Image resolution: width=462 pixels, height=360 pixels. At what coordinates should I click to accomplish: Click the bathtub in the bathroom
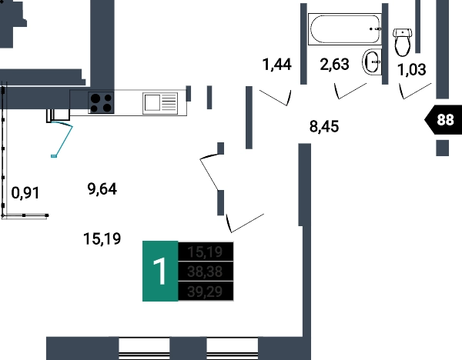pos(345,28)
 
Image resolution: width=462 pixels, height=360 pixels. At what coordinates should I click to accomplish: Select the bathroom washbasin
pos(372,62)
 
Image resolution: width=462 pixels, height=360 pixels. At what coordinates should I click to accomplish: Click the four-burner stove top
pos(102,102)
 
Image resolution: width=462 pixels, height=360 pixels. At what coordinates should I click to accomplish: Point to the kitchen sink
pos(160,102)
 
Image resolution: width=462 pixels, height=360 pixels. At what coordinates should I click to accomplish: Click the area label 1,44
pos(277,65)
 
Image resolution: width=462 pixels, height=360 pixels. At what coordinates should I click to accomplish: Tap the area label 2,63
pos(335,65)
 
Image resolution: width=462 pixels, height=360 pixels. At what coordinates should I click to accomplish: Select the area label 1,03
pos(411,71)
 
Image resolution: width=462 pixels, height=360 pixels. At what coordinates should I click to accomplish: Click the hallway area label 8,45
pos(324,126)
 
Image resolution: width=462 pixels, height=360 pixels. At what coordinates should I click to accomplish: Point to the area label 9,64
pos(102,188)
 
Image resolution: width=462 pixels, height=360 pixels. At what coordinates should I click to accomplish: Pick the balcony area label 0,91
pos(25,193)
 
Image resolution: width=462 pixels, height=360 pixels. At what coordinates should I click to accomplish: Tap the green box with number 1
pos(160,271)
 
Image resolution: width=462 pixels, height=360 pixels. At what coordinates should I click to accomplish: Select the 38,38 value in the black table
pos(205,271)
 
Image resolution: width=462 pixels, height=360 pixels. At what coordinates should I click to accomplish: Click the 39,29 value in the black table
pos(205,291)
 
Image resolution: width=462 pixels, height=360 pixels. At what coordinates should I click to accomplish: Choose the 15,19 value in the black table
pos(205,252)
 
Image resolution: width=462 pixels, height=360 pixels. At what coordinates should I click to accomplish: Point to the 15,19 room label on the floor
pos(102,239)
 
